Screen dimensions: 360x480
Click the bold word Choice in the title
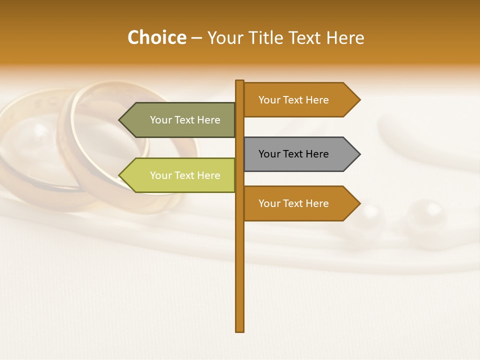[156, 38]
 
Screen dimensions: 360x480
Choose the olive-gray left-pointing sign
[180, 120]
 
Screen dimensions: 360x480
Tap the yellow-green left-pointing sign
[180, 175]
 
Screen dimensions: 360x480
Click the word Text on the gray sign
[293, 154]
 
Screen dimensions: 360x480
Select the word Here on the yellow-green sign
[208, 175]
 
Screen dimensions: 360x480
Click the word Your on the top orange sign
[269, 100]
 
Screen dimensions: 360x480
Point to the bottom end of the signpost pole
[239, 330]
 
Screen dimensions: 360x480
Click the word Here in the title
[345, 38]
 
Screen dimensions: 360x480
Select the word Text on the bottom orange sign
[293, 203]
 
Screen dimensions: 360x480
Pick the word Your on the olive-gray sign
[161, 120]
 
